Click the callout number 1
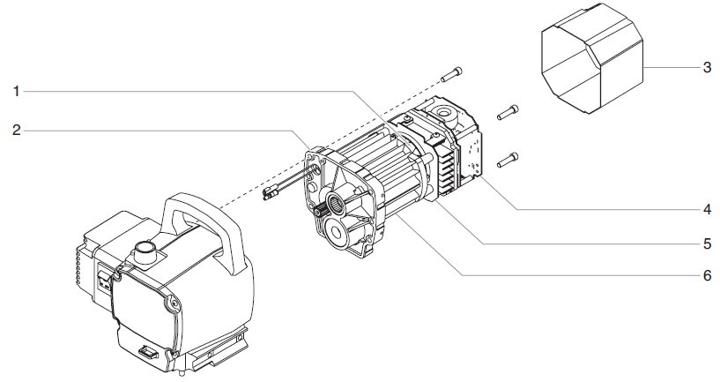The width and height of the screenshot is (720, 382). pos(17,90)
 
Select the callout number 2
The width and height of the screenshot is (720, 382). pos(17,131)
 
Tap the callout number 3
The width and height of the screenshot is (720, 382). pos(707,68)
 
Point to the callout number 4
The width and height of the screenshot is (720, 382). pos(707,210)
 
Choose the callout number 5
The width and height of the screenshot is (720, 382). pos(707,243)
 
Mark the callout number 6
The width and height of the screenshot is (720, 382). pos(707,275)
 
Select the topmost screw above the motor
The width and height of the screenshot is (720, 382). pos(451,73)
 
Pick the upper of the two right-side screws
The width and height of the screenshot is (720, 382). pos(508,112)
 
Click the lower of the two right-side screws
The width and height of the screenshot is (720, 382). pos(508,159)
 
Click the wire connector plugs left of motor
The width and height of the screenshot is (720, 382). pos(274,194)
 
